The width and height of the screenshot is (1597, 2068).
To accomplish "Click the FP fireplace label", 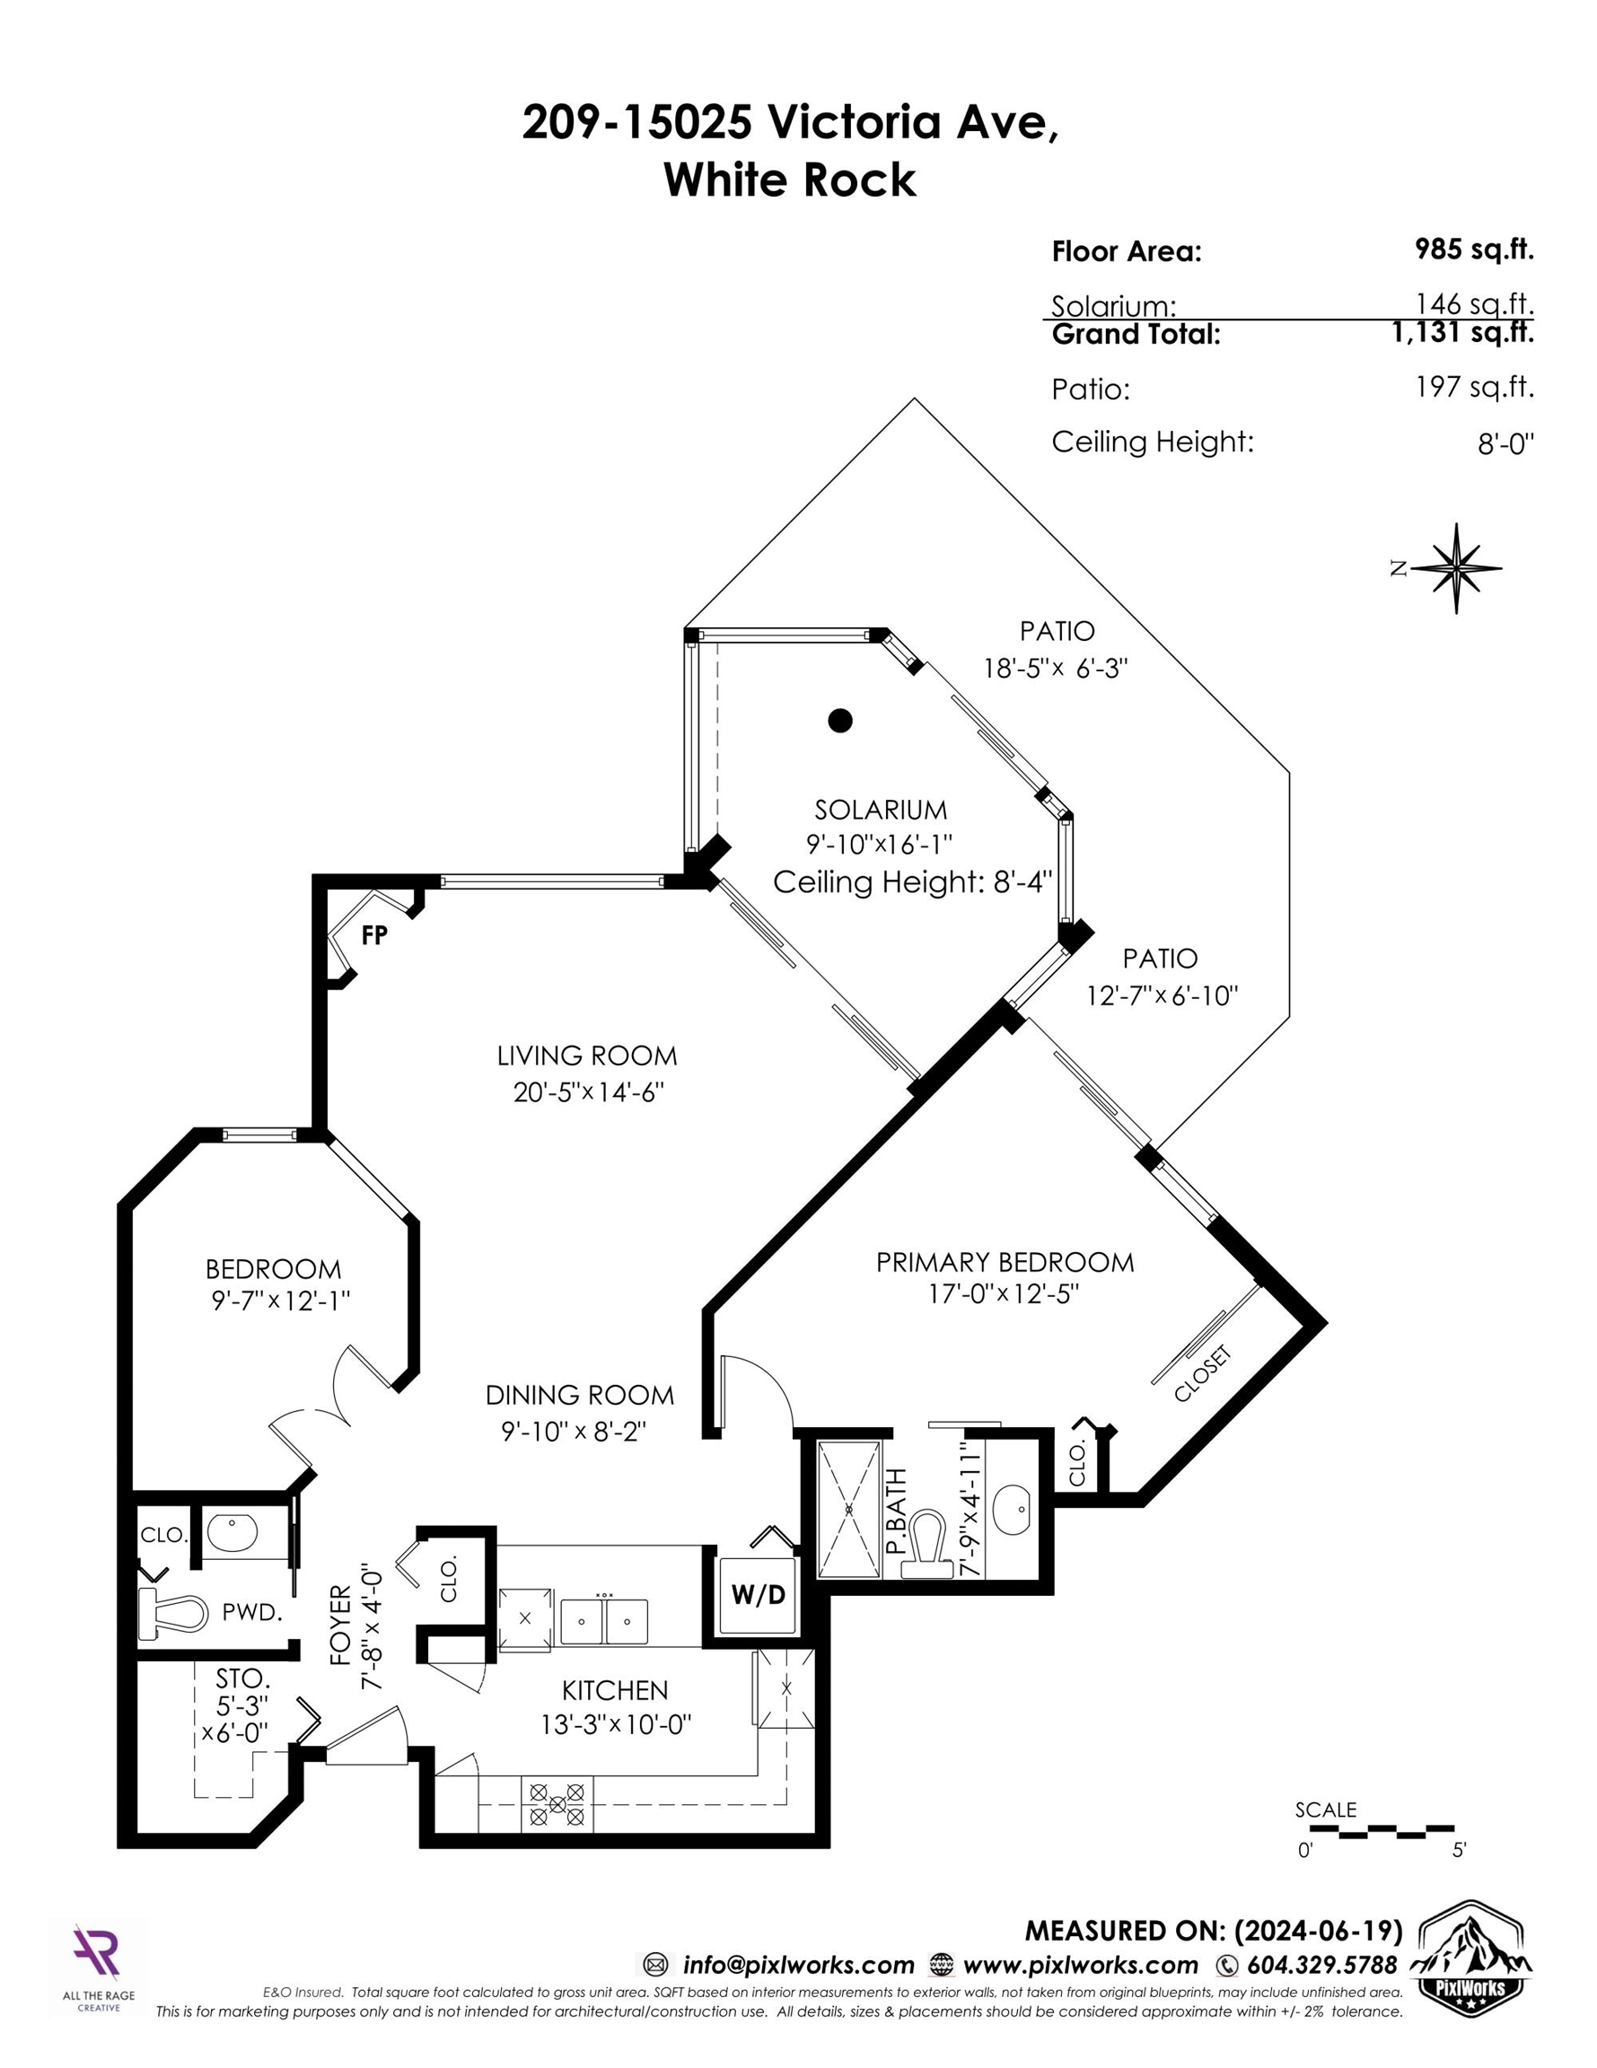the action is tap(374, 935).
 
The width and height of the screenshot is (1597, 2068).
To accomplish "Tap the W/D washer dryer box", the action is tap(758, 1596).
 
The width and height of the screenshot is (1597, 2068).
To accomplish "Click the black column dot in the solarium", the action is tap(839, 721).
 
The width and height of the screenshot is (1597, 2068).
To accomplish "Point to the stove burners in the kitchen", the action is tap(557, 1804).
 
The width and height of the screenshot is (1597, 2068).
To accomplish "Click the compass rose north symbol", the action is tap(1456, 568).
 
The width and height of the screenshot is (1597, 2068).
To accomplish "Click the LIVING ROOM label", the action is tap(587, 1056).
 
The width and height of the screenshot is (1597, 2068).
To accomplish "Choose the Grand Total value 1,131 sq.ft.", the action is tap(1462, 333).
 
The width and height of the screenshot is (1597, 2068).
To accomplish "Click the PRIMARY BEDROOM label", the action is tap(1004, 1262).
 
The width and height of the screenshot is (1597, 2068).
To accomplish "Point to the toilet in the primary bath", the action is tap(924, 1545).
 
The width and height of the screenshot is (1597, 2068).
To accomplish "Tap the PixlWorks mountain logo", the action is tap(1473, 1953).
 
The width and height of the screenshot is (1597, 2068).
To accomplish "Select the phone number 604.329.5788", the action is tap(1321, 1965).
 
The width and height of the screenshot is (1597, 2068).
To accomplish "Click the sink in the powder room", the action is tap(233, 1534).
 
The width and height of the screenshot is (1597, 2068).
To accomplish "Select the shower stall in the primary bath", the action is tap(848, 1510).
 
